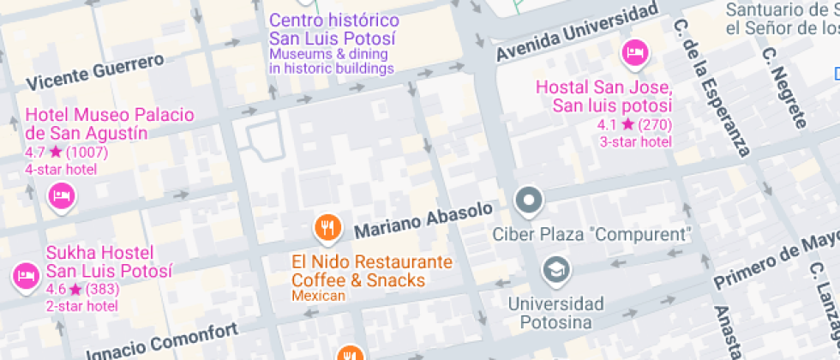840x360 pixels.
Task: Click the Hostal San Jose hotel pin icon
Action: [x=634, y=53]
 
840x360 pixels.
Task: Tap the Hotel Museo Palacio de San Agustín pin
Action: [x=61, y=197]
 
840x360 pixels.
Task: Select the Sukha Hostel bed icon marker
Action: [x=24, y=276]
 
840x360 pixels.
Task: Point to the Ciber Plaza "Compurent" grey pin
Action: [x=529, y=201]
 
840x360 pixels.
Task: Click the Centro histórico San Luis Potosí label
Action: [x=334, y=29]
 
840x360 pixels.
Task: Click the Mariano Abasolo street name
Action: [x=423, y=220]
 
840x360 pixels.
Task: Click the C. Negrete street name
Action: [x=784, y=87]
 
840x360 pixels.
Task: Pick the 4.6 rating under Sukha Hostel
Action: [x=56, y=290]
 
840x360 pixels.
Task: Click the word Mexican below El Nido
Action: [x=318, y=297]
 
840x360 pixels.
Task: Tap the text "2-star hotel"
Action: [x=81, y=306]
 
